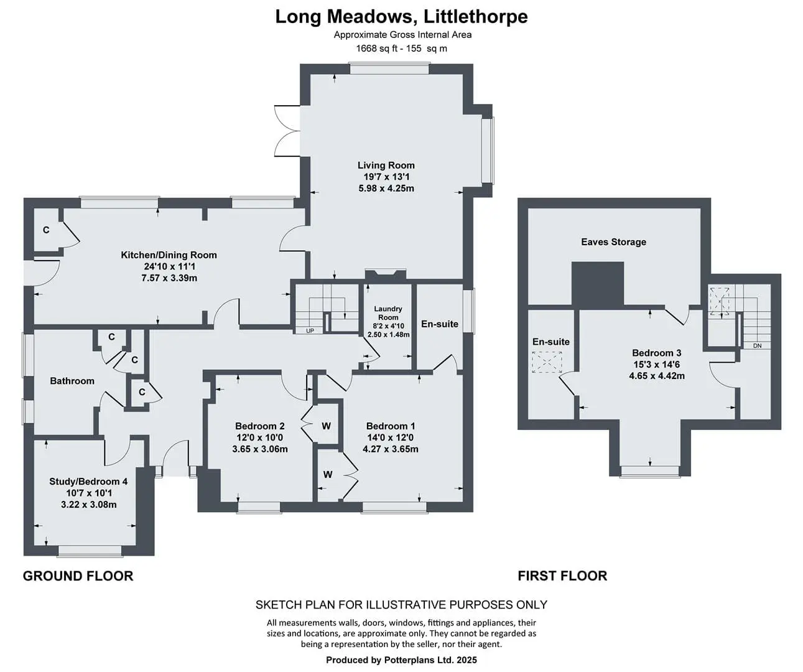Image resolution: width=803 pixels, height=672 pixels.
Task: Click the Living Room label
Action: pos(386,166)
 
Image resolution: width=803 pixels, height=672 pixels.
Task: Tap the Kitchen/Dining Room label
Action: pos(169,254)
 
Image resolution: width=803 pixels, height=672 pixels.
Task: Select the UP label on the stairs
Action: pos(310,331)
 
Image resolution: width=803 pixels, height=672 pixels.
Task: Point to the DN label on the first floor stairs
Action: pos(757,346)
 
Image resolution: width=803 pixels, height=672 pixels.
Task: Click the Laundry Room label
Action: pos(388,313)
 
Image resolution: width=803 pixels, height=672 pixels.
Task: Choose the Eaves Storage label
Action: pos(613,242)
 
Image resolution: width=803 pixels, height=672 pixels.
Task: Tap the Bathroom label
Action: pos(72,381)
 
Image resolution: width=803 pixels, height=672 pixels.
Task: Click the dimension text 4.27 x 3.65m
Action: pos(391,449)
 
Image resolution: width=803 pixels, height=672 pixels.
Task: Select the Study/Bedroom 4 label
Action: pos(88,481)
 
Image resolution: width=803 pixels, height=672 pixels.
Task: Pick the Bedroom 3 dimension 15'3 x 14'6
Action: pos(656,364)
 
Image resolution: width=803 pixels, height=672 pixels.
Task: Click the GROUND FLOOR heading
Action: pos(78,576)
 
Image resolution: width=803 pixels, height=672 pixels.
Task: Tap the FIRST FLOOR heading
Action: pos(562,576)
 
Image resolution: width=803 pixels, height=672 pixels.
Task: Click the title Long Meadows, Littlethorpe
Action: pos(402,17)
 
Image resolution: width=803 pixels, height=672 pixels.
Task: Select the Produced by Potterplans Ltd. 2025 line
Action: pos(402,660)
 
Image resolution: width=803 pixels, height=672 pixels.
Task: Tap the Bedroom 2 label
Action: pos(260,426)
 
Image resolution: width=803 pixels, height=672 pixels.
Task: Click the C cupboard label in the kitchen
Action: pos(46,230)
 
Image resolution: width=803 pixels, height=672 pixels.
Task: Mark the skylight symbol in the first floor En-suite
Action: pos(547,362)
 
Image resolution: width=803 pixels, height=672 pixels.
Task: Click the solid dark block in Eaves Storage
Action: pos(598,284)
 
